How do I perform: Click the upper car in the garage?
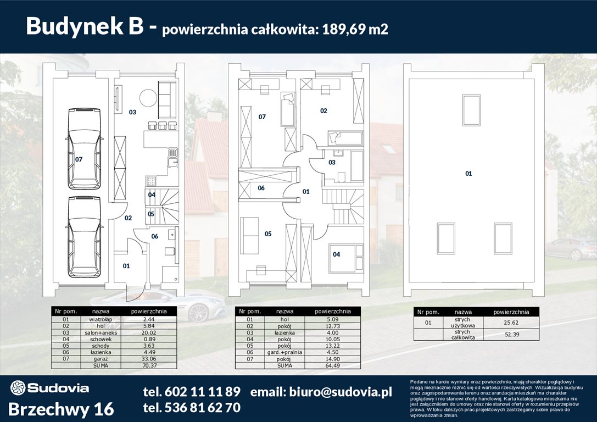[84, 147]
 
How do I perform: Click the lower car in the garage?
[84, 236]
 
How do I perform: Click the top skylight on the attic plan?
[471, 110]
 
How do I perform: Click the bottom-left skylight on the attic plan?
[446, 238]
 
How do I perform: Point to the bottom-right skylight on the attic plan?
[503, 238]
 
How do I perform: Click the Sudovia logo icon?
[18, 388]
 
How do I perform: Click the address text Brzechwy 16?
[62, 409]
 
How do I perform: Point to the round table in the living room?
[148, 99]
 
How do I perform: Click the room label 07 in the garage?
[79, 159]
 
